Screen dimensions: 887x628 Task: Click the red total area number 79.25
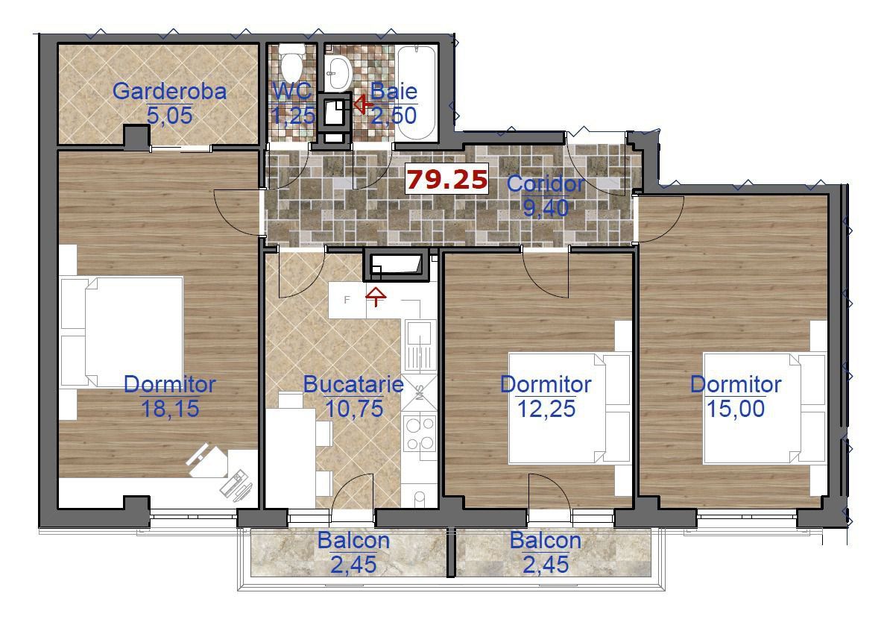pyautogui.click(x=447, y=180)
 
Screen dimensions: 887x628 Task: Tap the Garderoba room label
pyautogui.click(x=170, y=91)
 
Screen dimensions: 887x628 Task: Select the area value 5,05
pyautogui.click(x=170, y=116)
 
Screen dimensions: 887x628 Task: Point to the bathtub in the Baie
pyautogui.click(x=417, y=92)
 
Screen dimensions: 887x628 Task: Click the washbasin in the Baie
pyautogui.click(x=338, y=72)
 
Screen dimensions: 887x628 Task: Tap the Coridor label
pyautogui.click(x=546, y=183)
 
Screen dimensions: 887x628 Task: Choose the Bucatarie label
pyautogui.click(x=353, y=384)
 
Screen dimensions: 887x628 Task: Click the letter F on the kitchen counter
pyautogui.click(x=347, y=300)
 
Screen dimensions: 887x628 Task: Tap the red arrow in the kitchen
pyautogui.click(x=376, y=297)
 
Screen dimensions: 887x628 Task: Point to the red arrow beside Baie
pyautogui.click(x=362, y=104)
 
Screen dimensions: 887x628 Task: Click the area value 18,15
pyautogui.click(x=170, y=408)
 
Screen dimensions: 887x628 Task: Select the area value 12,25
pyautogui.click(x=546, y=408)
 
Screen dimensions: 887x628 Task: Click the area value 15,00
pyautogui.click(x=736, y=408)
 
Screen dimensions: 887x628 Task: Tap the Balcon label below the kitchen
pyautogui.click(x=353, y=540)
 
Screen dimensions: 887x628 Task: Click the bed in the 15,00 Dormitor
pyautogui.click(x=765, y=408)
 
